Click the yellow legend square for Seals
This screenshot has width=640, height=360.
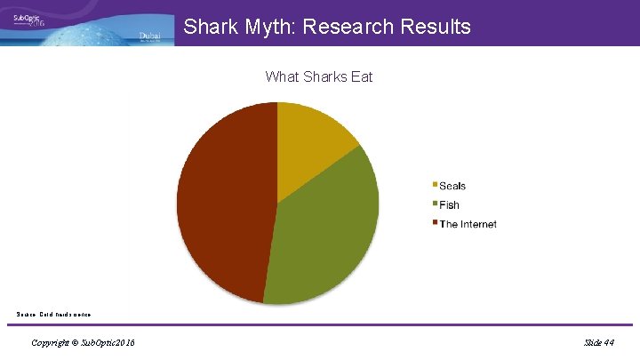(x=435, y=185)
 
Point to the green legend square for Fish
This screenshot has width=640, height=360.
(x=435, y=204)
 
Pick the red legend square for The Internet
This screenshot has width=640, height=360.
(x=435, y=223)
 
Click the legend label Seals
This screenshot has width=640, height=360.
(x=452, y=186)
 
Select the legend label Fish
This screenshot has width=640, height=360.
(x=450, y=205)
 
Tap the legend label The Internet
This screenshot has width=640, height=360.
(x=468, y=224)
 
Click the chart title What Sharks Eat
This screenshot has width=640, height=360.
(x=319, y=76)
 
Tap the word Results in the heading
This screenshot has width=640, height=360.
(x=435, y=27)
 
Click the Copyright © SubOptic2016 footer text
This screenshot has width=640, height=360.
(x=83, y=342)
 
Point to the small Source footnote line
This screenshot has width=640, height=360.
(x=53, y=314)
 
